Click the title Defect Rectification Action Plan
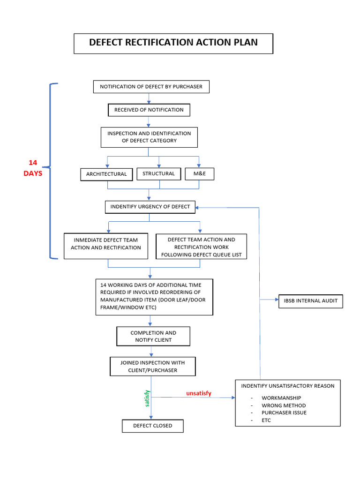click(x=173, y=43)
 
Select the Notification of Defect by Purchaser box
click(x=150, y=87)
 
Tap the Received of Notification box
click(x=150, y=110)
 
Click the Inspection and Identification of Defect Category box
click(x=149, y=137)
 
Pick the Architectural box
click(x=106, y=174)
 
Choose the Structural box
click(x=158, y=173)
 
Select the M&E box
click(x=200, y=173)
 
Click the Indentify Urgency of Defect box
click(x=150, y=207)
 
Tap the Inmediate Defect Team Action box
click(x=106, y=244)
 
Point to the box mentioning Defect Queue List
click(x=201, y=247)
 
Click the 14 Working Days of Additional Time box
click(x=154, y=296)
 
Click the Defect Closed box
click(x=152, y=426)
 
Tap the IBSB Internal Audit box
click(x=310, y=301)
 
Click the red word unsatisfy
click(x=199, y=393)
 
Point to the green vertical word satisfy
click(x=147, y=398)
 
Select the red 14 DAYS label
click(x=33, y=168)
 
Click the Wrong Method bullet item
click(x=284, y=405)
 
